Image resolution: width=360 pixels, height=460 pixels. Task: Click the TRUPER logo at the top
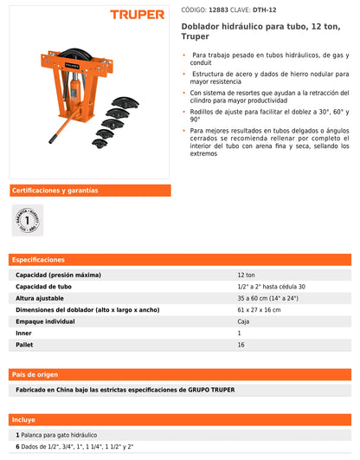[137, 14]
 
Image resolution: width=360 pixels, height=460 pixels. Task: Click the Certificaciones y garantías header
[55, 191]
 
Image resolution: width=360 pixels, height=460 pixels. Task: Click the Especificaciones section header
[39, 260]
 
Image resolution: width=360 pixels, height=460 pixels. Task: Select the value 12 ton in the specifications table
[247, 275]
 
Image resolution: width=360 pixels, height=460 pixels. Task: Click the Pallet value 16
[241, 345]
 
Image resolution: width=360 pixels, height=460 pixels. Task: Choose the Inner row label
[24, 334]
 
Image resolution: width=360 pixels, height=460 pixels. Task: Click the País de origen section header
[35, 374]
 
